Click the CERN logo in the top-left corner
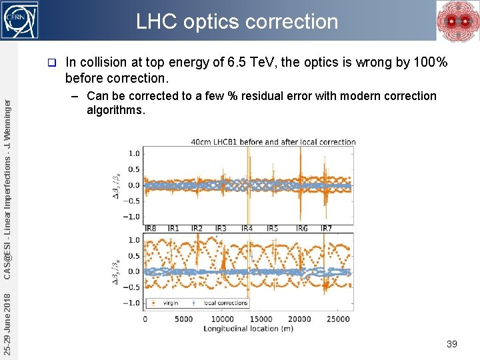pyautogui.click(x=21, y=20)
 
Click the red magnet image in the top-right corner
pyautogui.click(x=457, y=21)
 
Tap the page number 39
pyautogui.click(x=451, y=344)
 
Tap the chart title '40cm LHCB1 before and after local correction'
pyautogui.click(x=273, y=142)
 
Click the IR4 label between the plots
pyautogui.click(x=247, y=229)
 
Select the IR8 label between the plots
pyautogui.click(x=150, y=229)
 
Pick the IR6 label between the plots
pyautogui.click(x=302, y=229)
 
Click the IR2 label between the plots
pyautogui.click(x=197, y=229)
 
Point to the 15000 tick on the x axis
pyautogui.click(x=261, y=319)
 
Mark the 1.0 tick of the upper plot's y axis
pyautogui.click(x=133, y=153)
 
